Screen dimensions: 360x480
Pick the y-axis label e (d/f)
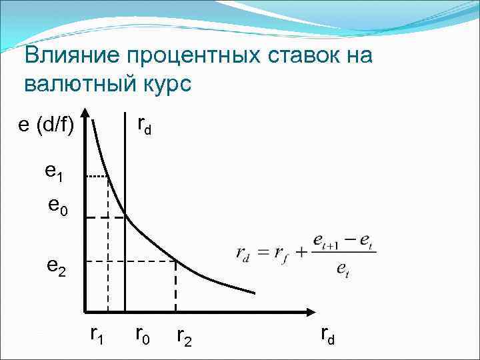pos(45,125)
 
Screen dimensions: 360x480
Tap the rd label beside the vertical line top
pos(144,125)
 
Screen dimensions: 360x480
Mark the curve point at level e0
pos(125,217)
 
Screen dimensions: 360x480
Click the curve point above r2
pos(175,261)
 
